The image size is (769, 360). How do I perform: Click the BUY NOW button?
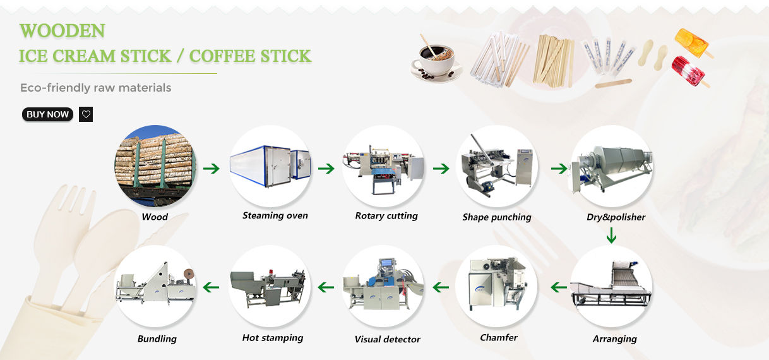tap(47, 114)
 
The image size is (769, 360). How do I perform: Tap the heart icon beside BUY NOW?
tap(86, 114)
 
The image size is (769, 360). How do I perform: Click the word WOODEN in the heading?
tap(62, 30)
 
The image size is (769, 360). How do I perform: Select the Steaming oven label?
tap(275, 215)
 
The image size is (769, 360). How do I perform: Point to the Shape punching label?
tap(497, 217)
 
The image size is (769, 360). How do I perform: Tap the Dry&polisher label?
tap(616, 217)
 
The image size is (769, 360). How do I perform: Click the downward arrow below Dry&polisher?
tap(611, 237)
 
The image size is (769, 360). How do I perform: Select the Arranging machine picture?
tap(611, 287)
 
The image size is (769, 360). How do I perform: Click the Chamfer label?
tap(499, 337)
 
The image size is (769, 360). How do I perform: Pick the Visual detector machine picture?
tap(383, 287)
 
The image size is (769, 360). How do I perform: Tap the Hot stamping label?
tap(273, 338)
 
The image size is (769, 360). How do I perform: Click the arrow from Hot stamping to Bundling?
tap(211, 287)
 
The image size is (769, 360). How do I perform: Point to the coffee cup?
tap(436, 59)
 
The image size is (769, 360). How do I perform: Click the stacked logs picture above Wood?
tap(155, 166)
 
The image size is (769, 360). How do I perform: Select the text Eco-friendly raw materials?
tap(95, 88)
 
